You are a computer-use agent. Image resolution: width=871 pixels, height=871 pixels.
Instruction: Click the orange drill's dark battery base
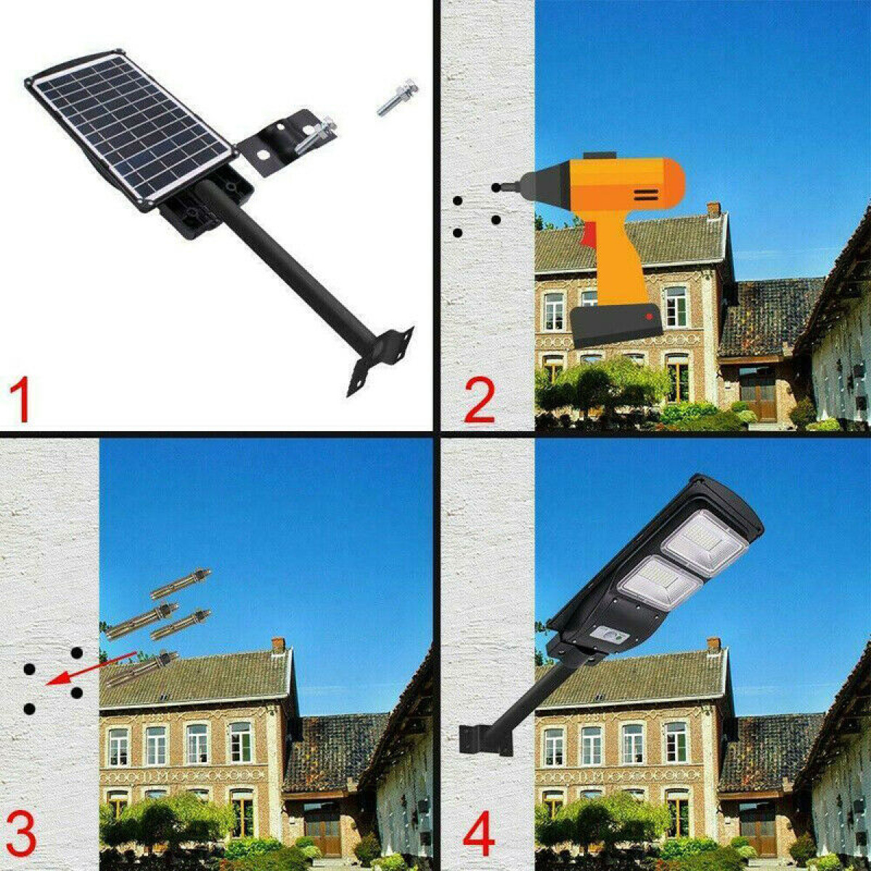pyautogui.click(x=617, y=325)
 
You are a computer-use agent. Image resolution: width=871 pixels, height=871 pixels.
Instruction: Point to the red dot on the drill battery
pyautogui.click(x=649, y=316)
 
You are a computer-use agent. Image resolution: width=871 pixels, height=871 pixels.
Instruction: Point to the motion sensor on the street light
pyautogui.click(x=613, y=636)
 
